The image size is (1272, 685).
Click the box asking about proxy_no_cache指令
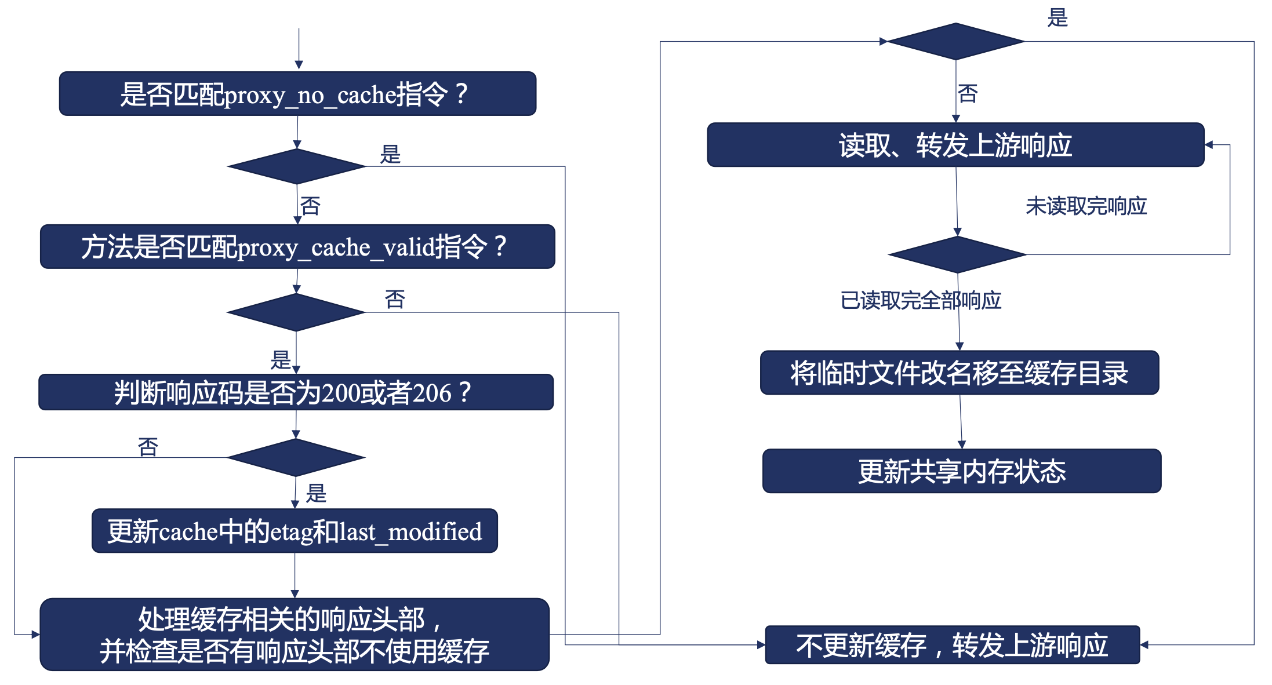297,94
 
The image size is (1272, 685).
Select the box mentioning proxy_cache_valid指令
297,247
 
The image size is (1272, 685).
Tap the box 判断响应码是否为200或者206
296,392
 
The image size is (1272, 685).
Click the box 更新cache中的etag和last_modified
295,531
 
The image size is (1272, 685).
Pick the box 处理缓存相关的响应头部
295,635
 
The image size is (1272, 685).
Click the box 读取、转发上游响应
955,145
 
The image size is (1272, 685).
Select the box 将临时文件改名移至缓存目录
960,373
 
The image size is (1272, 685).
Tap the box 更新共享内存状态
962,471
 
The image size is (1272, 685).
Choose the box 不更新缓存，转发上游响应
953,645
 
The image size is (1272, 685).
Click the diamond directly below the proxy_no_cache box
297,166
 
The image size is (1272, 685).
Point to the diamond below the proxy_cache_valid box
296,312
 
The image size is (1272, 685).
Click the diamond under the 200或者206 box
296,458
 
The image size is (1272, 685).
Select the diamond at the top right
955,41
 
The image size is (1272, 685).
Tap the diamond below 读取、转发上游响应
957,254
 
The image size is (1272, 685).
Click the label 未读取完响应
1086,206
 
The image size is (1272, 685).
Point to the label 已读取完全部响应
921,301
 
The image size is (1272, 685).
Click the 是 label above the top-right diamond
1057,17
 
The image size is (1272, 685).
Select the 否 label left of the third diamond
148,447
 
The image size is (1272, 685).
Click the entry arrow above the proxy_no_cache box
299,49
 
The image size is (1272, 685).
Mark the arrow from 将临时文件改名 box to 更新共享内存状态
961,422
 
